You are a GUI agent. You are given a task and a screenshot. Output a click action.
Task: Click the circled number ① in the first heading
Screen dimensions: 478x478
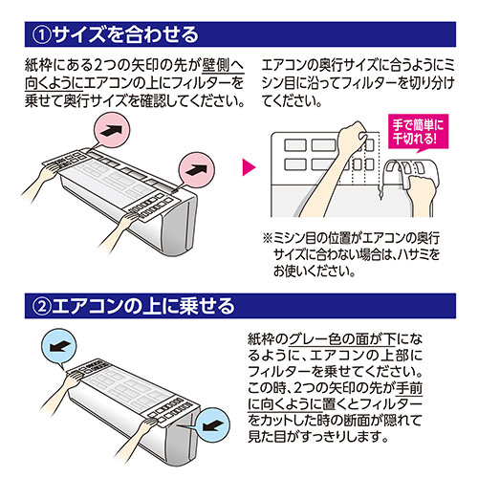tap(42, 34)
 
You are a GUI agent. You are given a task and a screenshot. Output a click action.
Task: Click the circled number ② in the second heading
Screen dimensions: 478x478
tap(42, 306)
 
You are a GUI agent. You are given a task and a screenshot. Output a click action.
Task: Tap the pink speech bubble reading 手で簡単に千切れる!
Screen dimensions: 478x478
tap(418, 132)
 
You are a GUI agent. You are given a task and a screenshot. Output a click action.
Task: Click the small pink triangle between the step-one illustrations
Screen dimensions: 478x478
tap(249, 167)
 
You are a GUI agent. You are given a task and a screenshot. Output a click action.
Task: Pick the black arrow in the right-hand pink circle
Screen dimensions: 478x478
tap(197, 170)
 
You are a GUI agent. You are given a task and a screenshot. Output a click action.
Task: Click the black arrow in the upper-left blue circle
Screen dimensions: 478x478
tap(59, 346)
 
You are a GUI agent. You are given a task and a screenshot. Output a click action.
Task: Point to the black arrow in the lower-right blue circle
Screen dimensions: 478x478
tap(211, 425)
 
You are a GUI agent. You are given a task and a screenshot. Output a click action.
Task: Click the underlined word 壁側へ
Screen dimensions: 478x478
tap(223, 66)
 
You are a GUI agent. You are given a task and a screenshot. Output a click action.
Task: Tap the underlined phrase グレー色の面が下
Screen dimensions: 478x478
tap(342, 339)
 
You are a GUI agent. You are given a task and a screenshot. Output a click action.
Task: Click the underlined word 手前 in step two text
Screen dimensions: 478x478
tap(409, 388)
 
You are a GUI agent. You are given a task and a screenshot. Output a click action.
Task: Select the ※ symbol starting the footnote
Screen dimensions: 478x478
tap(267, 238)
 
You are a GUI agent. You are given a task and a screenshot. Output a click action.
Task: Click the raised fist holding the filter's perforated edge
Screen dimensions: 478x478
tap(352, 137)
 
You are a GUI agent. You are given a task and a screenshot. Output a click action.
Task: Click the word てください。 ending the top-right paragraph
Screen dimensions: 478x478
tap(293, 100)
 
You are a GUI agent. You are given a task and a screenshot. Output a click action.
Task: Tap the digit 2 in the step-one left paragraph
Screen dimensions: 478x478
tap(98, 66)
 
